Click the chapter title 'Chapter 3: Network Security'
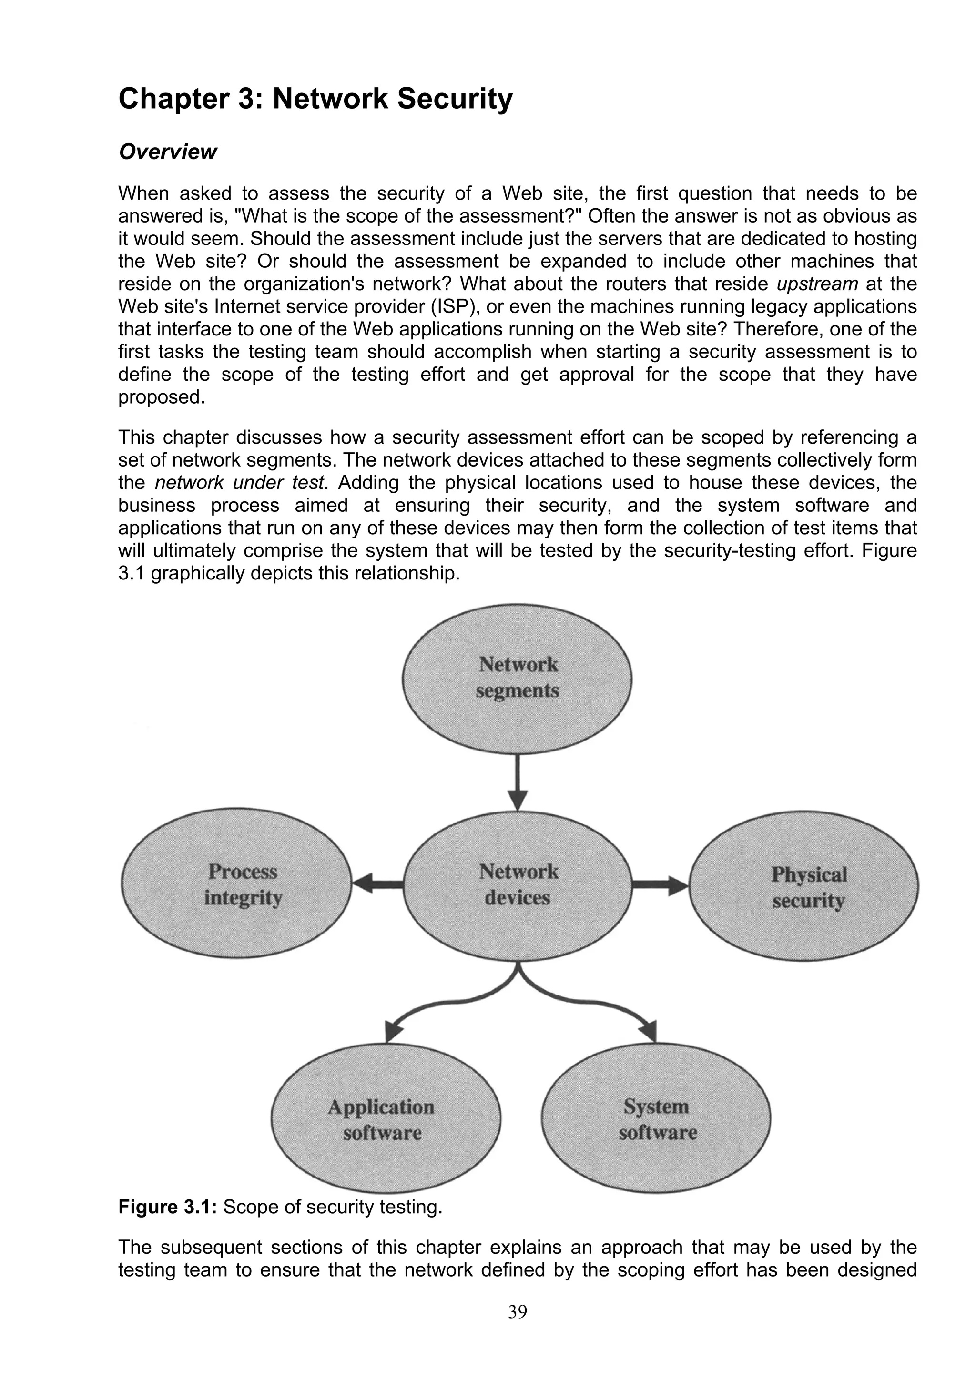(x=315, y=99)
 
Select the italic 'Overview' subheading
(x=167, y=152)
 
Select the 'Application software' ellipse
(x=386, y=1119)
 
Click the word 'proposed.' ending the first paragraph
(x=162, y=397)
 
